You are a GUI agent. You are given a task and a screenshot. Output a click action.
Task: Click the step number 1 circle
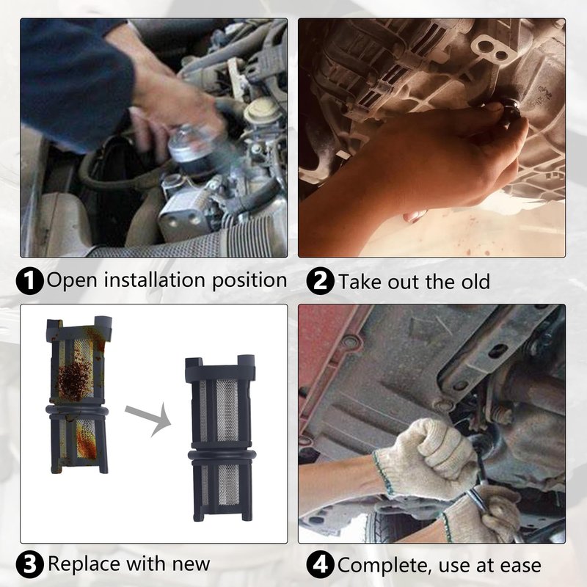tap(30, 281)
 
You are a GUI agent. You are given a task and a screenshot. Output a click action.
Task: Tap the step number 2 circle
tap(320, 281)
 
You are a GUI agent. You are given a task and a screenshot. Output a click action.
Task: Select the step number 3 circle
tap(30, 564)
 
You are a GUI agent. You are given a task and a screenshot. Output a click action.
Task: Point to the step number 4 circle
tap(320, 564)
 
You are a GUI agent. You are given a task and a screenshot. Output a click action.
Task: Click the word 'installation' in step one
tap(154, 280)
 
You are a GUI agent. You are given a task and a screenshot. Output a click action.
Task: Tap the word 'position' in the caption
tap(249, 281)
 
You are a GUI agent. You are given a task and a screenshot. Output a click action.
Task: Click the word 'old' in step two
tap(475, 281)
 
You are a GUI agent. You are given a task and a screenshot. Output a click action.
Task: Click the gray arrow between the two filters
tap(148, 419)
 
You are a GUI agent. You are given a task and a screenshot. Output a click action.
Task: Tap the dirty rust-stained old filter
tap(78, 395)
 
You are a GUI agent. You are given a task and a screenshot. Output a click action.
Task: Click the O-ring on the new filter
tap(222, 456)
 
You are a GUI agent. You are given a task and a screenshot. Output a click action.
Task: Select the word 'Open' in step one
tap(72, 281)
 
